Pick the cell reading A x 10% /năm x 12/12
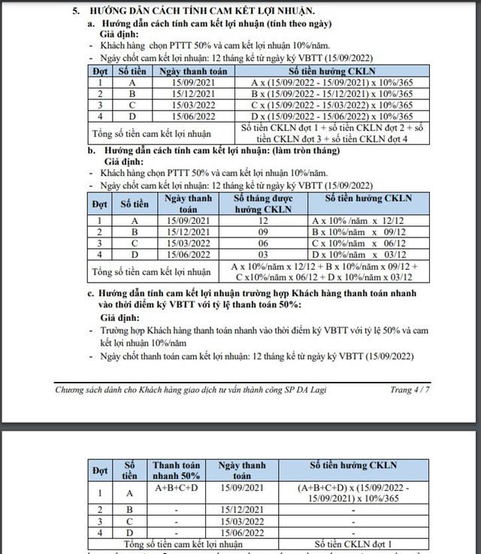coord(370,221)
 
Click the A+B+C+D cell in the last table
coord(175,488)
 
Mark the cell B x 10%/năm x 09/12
coord(370,232)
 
